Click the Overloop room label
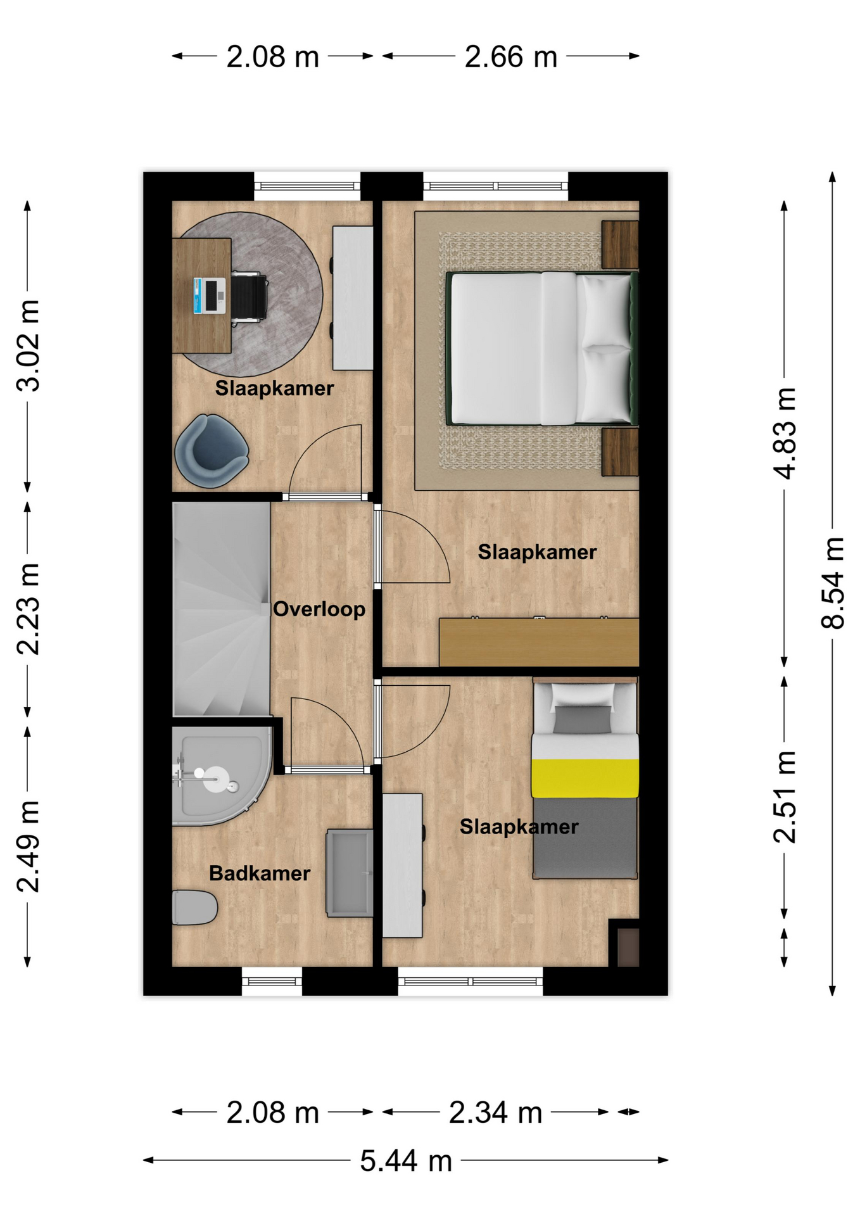coord(319,609)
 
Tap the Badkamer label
coord(260,873)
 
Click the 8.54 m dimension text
coord(833,583)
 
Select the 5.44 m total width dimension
coord(406,1161)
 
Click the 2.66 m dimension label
coord(510,56)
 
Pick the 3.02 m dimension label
coord(28,346)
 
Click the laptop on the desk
coord(210,296)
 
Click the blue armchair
coord(211,451)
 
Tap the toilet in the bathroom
coord(194,908)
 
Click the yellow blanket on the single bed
coord(585,778)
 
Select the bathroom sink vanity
coord(350,873)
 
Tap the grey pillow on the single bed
coord(583,719)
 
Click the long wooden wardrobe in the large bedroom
coord(539,642)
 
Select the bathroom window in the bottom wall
coord(272,981)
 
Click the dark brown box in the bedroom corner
coord(628,947)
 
